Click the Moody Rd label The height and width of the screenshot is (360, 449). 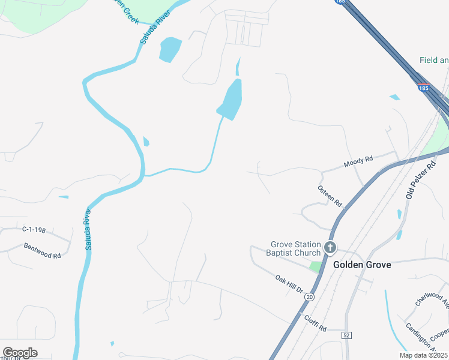pyautogui.click(x=358, y=159)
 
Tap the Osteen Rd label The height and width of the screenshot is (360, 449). pyautogui.click(x=329, y=195)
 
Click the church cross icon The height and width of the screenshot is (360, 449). pyautogui.click(x=330, y=247)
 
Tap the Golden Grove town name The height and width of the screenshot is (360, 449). pyautogui.click(x=362, y=265)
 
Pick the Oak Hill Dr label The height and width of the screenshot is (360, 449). pyautogui.click(x=289, y=284)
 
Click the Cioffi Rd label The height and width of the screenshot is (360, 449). pyautogui.click(x=315, y=324)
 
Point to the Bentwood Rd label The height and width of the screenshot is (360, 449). pyautogui.click(x=43, y=251)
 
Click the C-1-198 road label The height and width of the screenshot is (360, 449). pyautogui.click(x=34, y=229)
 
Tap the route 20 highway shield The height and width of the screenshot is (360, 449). pyautogui.click(x=309, y=297)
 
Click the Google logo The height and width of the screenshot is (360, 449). pyautogui.click(x=20, y=353)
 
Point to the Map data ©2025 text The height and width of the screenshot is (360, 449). pyautogui.click(x=424, y=355)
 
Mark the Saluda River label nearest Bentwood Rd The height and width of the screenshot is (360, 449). pyautogui.click(x=89, y=229)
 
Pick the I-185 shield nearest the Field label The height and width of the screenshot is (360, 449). pyautogui.click(x=424, y=88)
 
